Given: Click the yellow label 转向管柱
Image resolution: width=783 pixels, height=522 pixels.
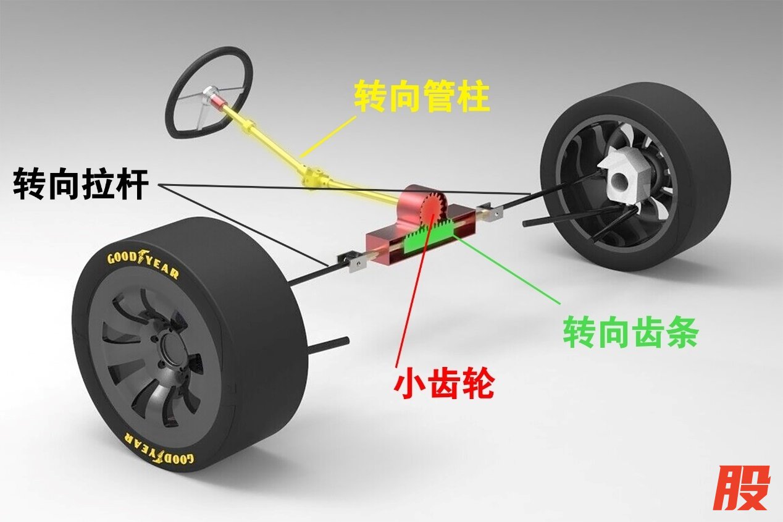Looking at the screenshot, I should (x=422, y=98).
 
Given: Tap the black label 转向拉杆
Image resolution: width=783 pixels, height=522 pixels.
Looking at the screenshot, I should (x=80, y=183).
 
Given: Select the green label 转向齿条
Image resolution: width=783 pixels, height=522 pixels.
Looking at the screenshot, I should (x=630, y=334).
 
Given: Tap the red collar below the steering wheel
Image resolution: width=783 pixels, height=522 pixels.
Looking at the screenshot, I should (x=220, y=98).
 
